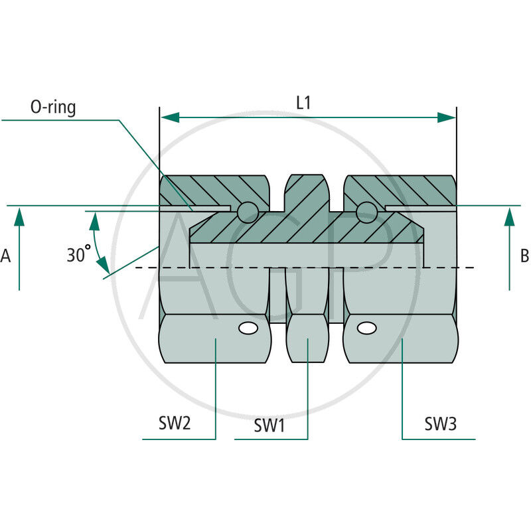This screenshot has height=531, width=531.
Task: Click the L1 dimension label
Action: coord(303,103)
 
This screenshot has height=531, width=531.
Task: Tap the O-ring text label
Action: coord(53,108)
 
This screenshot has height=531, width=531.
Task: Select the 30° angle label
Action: coord(78,254)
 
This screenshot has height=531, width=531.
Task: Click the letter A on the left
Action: coord(6,256)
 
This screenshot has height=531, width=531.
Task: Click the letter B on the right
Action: coord(524,256)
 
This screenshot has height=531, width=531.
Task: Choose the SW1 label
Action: coord(269,425)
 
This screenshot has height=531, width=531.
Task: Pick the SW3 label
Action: coord(441,423)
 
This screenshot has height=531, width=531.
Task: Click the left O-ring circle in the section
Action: coord(248,212)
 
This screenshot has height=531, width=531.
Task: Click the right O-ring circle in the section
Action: coord(366,212)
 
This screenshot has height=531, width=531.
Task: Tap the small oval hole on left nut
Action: coord(248,328)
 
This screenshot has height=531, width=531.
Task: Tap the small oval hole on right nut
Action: coord(365,328)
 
